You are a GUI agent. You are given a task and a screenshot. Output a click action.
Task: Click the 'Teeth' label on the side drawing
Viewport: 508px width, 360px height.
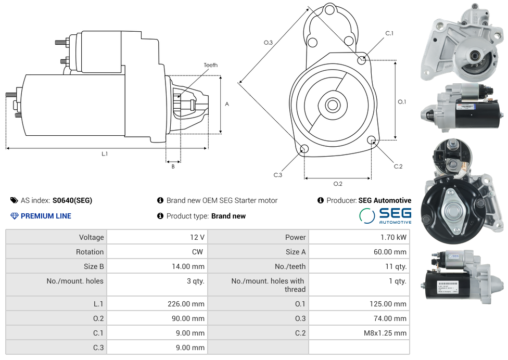[x=210, y=65]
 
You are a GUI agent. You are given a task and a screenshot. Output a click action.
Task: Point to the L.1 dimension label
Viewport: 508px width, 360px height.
[x=105, y=153]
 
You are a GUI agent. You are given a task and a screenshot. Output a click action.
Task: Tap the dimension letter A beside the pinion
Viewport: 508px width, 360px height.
[x=227, y=104]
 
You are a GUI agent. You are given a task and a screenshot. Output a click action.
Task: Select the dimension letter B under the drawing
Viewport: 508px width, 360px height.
[x=173, y=166]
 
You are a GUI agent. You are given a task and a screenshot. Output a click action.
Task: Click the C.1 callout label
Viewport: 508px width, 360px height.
[x=389, y=33]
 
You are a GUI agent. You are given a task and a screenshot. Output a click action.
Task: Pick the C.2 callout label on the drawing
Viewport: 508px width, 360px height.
[x=398, y=166]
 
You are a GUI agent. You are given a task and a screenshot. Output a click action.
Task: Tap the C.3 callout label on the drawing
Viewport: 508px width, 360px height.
[x=278, y=175]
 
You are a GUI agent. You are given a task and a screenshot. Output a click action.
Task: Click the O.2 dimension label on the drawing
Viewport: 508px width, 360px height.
[x=338, y=184]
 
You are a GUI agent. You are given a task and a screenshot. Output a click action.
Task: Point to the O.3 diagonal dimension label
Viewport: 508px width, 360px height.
[x=268, y=43]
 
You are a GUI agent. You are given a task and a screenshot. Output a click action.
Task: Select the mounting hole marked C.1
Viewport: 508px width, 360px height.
[x=362, y=60]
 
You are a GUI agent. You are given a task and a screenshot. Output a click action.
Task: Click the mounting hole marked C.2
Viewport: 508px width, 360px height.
[x=372, y=140]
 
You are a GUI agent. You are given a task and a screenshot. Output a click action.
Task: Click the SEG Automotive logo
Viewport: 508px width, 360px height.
[x=385, y=215]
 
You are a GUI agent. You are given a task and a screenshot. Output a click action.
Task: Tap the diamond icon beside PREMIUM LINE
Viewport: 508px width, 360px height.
[x=14, y=216]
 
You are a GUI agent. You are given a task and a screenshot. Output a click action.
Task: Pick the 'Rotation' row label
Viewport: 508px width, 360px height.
[x=90, y=252]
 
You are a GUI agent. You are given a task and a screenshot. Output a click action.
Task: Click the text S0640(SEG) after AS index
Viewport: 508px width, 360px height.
[x=72, y=200]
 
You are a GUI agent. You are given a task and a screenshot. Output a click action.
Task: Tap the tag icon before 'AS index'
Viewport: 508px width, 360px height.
[x=14, y=200]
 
